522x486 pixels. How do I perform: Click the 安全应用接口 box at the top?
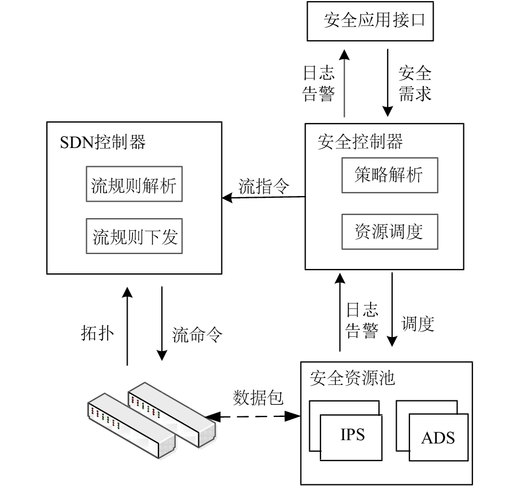click(x=370, y=22)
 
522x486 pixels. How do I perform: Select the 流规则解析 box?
click(x=134, y=184)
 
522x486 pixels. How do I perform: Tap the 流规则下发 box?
click(x=134, y=236)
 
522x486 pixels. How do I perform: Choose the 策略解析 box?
click(x=389, y=176)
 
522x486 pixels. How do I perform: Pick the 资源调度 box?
click(x=389, y=232)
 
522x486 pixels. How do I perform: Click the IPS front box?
click(x=351, y=438)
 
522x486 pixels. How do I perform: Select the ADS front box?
click(x=439, y=437)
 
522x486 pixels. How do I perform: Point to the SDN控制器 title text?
click(x=103, y=142)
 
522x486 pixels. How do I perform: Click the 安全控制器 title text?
click(x=360, y=142)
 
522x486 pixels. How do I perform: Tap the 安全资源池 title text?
click(x=352, y=378)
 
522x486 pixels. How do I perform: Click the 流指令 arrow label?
click(x=263, y=186)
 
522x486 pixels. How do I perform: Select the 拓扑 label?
click(x=97, y=333)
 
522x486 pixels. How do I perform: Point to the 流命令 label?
click(x=197, y=335)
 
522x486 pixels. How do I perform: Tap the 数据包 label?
click(x=258, y=398)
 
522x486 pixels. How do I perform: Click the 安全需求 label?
click(x=415, y=83)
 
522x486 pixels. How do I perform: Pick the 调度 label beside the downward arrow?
click(x=418, y=324)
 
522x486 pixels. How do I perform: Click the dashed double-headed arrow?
click(x=252, y=416)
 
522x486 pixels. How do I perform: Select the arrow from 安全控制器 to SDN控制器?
click(x=263, y=198)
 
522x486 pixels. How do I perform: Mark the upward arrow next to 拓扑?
click(x=127, y=326)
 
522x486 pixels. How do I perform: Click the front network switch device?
click(x=131, y=426)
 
